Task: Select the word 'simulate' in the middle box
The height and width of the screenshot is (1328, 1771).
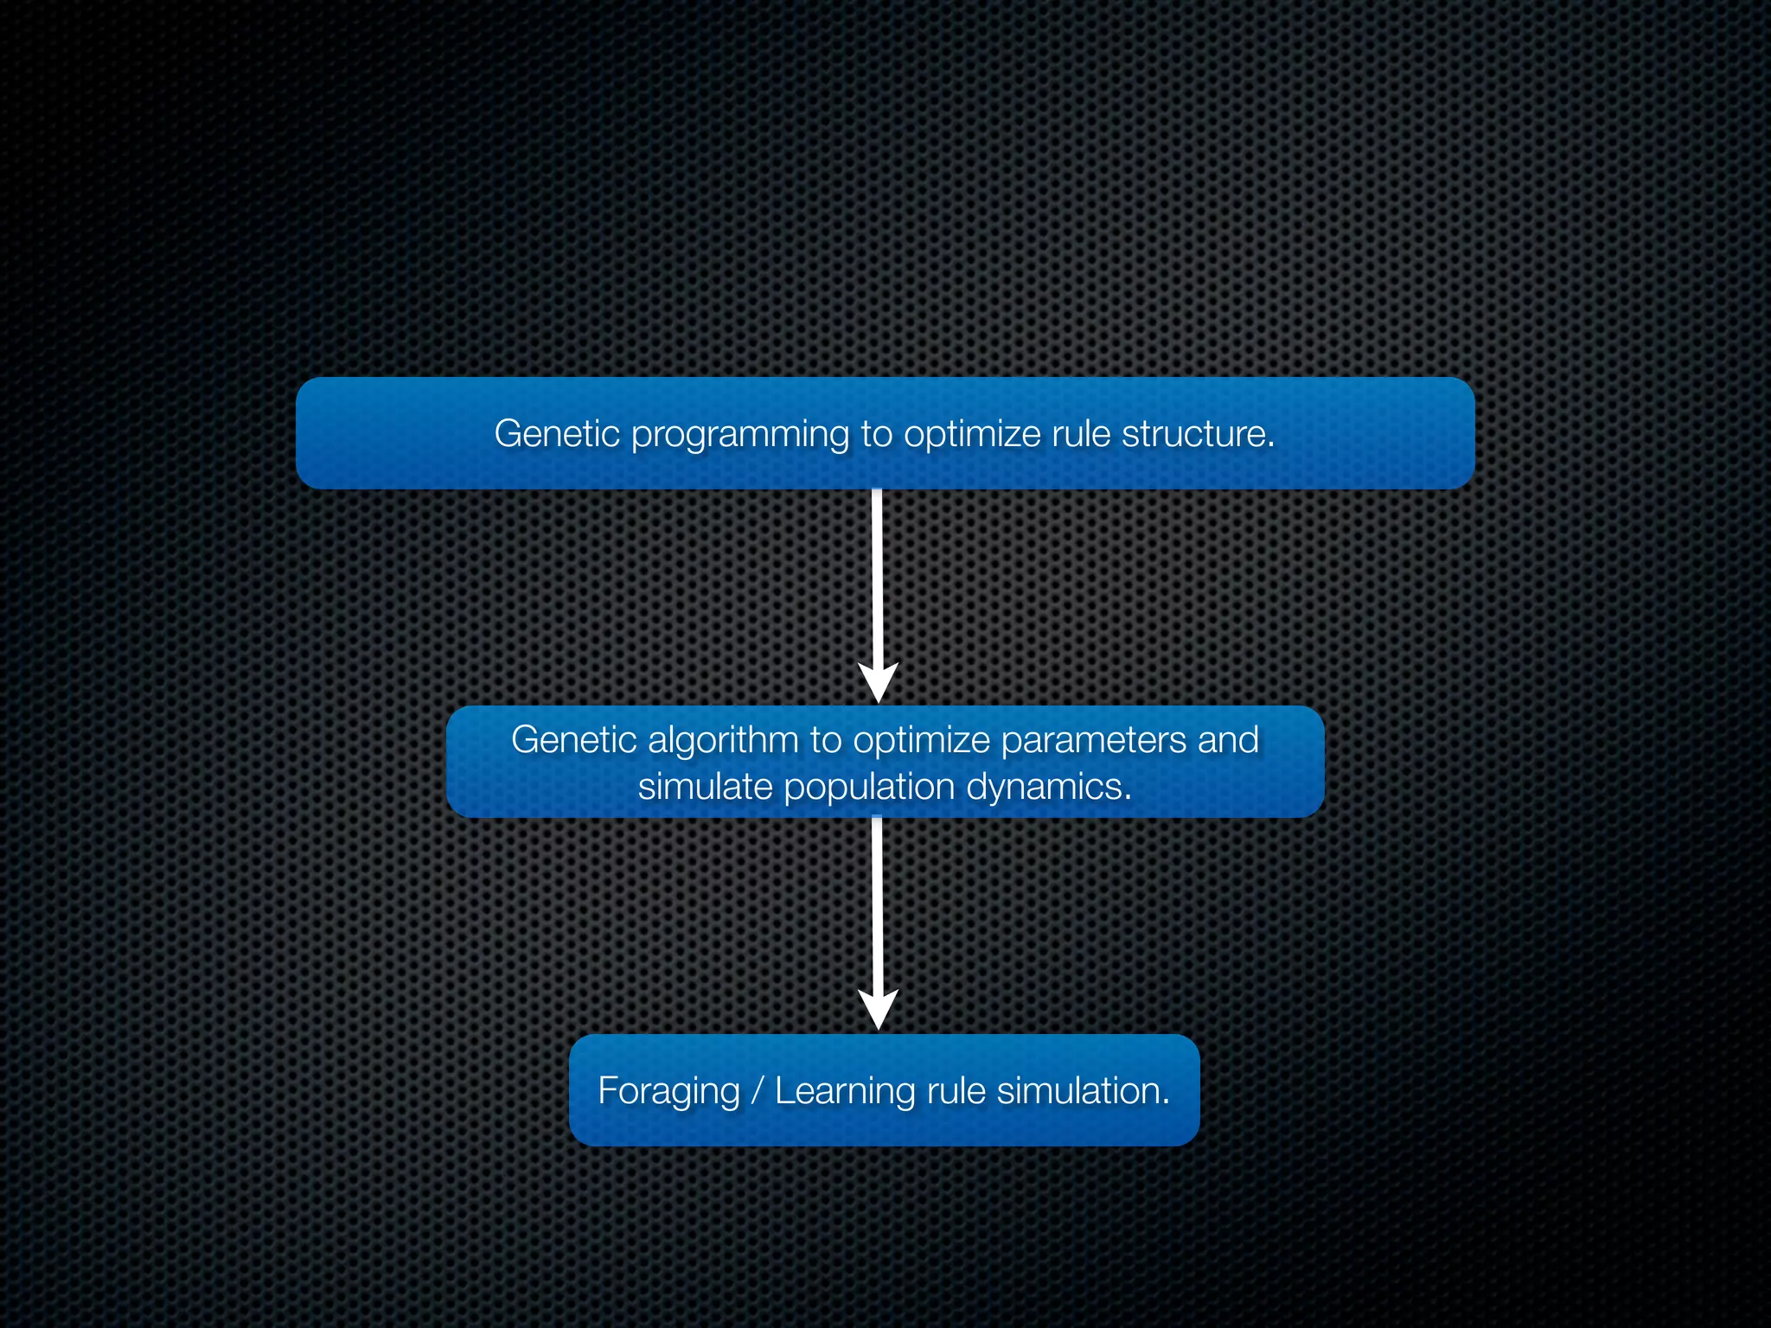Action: click(705, 788)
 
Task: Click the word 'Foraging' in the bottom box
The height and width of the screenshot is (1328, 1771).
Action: click(668, 1092)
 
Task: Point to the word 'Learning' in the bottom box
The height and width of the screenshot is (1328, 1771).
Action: click(845, 1092)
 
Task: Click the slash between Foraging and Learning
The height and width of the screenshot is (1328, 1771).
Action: click(758, 1090)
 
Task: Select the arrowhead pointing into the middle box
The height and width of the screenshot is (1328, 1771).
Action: click(878, 682)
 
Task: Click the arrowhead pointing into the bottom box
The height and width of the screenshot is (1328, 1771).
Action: click(878, 1009)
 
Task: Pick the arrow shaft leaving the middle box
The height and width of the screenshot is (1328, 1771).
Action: click(877, 903)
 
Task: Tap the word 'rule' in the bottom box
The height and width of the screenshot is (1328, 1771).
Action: click(956, 1090)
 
